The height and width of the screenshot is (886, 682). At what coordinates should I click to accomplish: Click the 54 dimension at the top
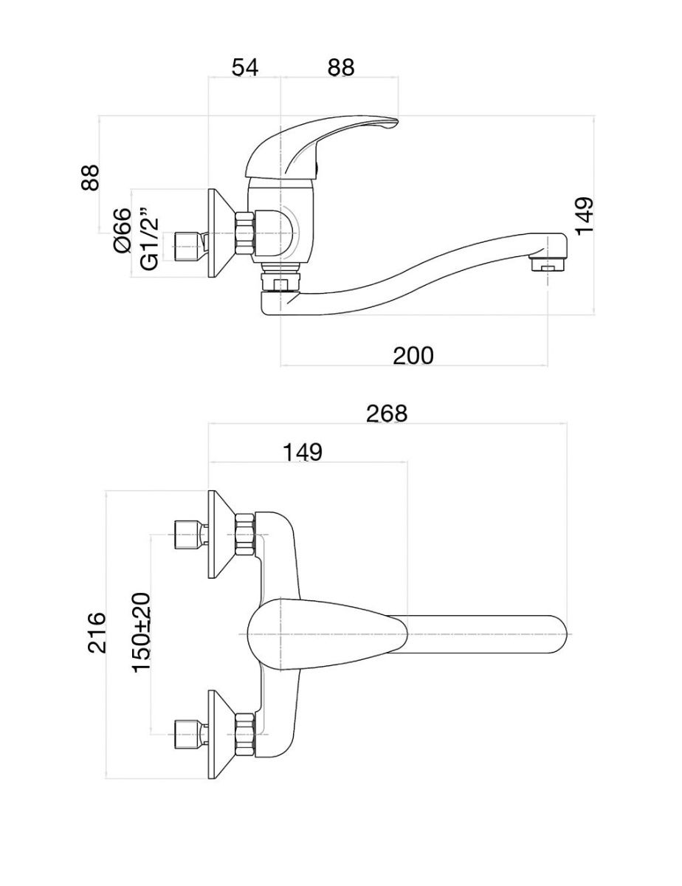click(245, 67)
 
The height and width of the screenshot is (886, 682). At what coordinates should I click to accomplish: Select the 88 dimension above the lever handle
click(341, 67)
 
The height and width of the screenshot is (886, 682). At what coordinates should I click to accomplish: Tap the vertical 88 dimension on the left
click(90, 177)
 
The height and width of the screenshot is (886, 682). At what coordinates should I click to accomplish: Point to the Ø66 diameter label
click(123, 230)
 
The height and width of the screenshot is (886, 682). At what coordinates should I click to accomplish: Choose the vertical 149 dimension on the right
click(584, 216)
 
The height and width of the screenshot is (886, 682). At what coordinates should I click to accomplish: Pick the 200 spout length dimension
click(413, 355)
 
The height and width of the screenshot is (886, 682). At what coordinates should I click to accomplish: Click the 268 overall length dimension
click(387, 413)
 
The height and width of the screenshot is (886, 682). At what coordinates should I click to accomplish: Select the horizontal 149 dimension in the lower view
click(302, 452)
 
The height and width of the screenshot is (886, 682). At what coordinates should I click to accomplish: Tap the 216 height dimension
click(97, 632)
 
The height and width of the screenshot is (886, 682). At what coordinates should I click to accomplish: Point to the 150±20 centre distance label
click(142, 632)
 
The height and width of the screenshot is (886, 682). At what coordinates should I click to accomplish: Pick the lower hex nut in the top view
click(244, 733)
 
